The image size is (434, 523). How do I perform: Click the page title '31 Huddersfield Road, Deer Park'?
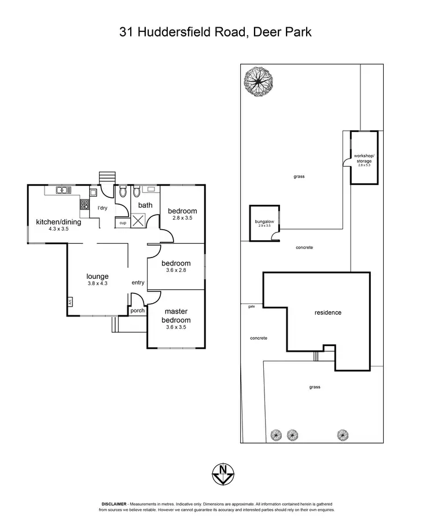coord(216,32)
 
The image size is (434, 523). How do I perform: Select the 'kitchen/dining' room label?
coord(58,222)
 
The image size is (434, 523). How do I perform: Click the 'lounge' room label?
coord(98,277)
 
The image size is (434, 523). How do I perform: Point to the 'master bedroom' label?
coord(176,316)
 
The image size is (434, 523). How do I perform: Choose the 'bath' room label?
coord(145,205)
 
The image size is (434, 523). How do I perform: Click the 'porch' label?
coord(138,311)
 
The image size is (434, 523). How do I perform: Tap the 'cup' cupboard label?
coord(123,223)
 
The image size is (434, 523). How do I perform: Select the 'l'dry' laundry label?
coord(102,208)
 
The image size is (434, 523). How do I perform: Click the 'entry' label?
coord(138,282)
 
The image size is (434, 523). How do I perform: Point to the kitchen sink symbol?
coord(63,190)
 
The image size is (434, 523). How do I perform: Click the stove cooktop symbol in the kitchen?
coord(84,204)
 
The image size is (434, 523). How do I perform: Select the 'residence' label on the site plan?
coord(328,313)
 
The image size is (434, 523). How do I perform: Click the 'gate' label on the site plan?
coord(251,307)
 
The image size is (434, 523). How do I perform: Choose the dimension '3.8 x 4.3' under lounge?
coord(98,284)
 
